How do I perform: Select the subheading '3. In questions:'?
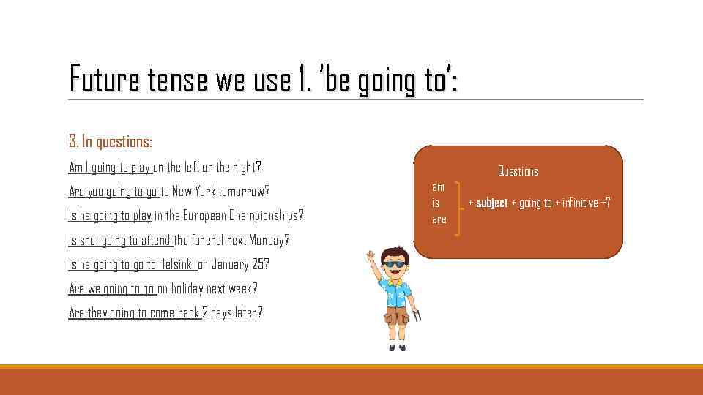click(x=111, y=141)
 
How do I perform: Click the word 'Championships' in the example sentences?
click(x=264, y=216)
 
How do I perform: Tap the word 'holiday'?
click(x=187, y=288)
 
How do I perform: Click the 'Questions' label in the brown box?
click(x=518, y=171)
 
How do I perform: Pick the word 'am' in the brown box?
click(x=438, y=187)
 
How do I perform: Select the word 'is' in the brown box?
click(x=436, y=203)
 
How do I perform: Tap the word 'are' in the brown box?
click(x=439, y=219)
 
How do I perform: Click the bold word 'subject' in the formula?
click(x=492, y=203)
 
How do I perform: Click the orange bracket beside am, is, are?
click(x=458, y=208)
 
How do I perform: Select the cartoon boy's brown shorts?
click(x=396, y=315)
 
